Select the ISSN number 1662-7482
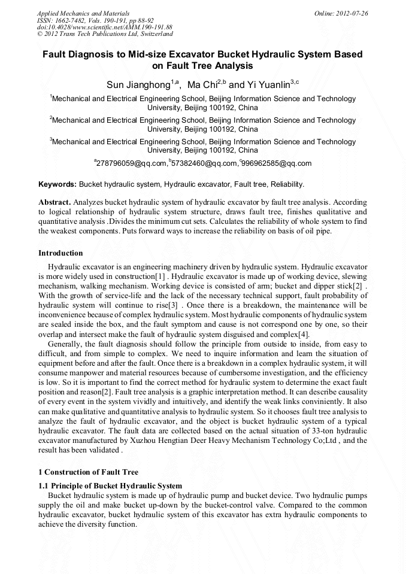tap(73, 20)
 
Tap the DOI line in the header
tap(104, 28)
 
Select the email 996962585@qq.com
tap(277, 163)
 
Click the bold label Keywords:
tap(57, 184)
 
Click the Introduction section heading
tap(60, 253)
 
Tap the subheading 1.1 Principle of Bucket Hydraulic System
tap(110, 485)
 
